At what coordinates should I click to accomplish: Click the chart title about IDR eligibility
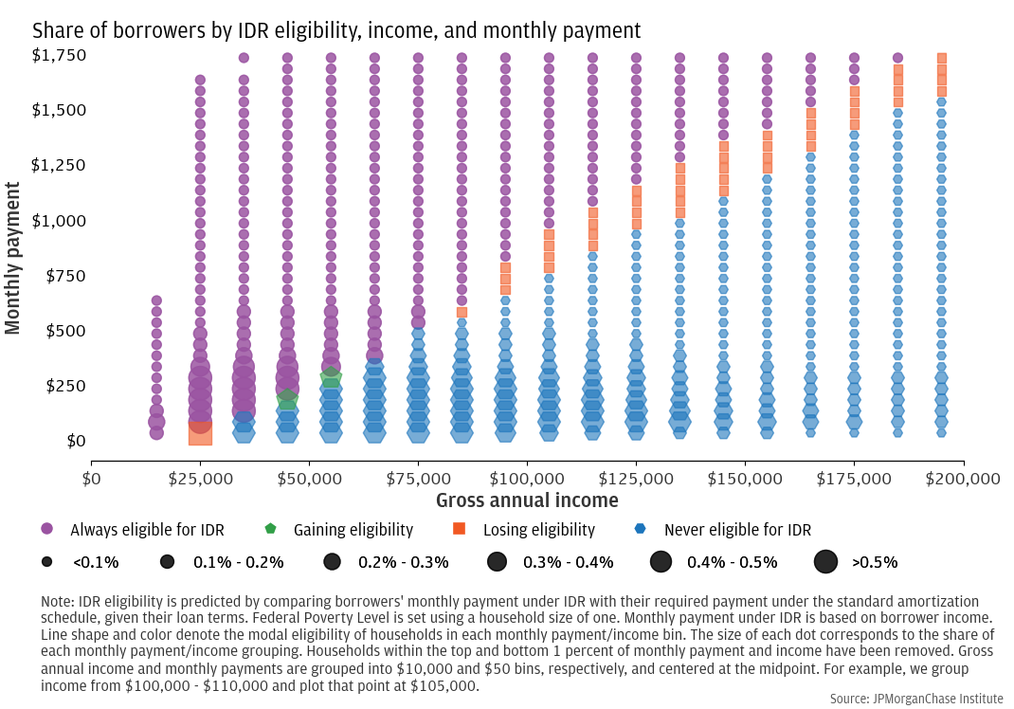(x=336, y=30)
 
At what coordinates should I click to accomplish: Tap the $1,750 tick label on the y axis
(x=60, y=55)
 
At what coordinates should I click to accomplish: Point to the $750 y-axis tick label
(x=64, y=276)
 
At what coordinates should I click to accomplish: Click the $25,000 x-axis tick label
(x=200, y=479)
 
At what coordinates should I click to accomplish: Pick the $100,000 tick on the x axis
(x=527, y=479)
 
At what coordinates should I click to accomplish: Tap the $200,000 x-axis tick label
(x=964, y=479)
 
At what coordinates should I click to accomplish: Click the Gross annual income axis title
(x=527, y=500)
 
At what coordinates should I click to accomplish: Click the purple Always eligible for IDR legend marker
(x=46, y=529)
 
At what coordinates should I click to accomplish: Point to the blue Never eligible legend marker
(x=641, y=529)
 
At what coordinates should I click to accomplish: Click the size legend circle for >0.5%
(x=826, y=561)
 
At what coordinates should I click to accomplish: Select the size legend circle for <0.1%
(x=46, y=561)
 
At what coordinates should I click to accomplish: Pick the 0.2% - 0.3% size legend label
(x=403, y=562)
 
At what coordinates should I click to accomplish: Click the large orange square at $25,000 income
(x=200, y=433)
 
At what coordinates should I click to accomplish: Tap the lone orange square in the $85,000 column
(x=462, y=312)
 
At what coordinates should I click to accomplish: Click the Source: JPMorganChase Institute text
(x=916, y=699)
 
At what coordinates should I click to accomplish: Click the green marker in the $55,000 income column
(x=331, y=378)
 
